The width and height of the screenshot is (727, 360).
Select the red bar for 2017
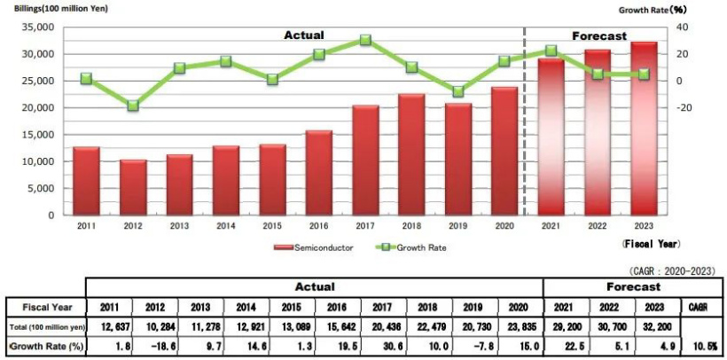(365, 160)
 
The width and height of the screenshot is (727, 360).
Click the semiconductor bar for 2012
(133, 187)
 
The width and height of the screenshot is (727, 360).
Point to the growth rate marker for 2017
(365, 40)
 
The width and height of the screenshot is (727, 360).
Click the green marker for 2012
(133, 106)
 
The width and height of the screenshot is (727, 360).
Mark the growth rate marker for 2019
(458, 91)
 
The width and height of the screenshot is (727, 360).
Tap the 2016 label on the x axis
(319, 227)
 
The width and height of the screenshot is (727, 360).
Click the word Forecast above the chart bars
(599, 36)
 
